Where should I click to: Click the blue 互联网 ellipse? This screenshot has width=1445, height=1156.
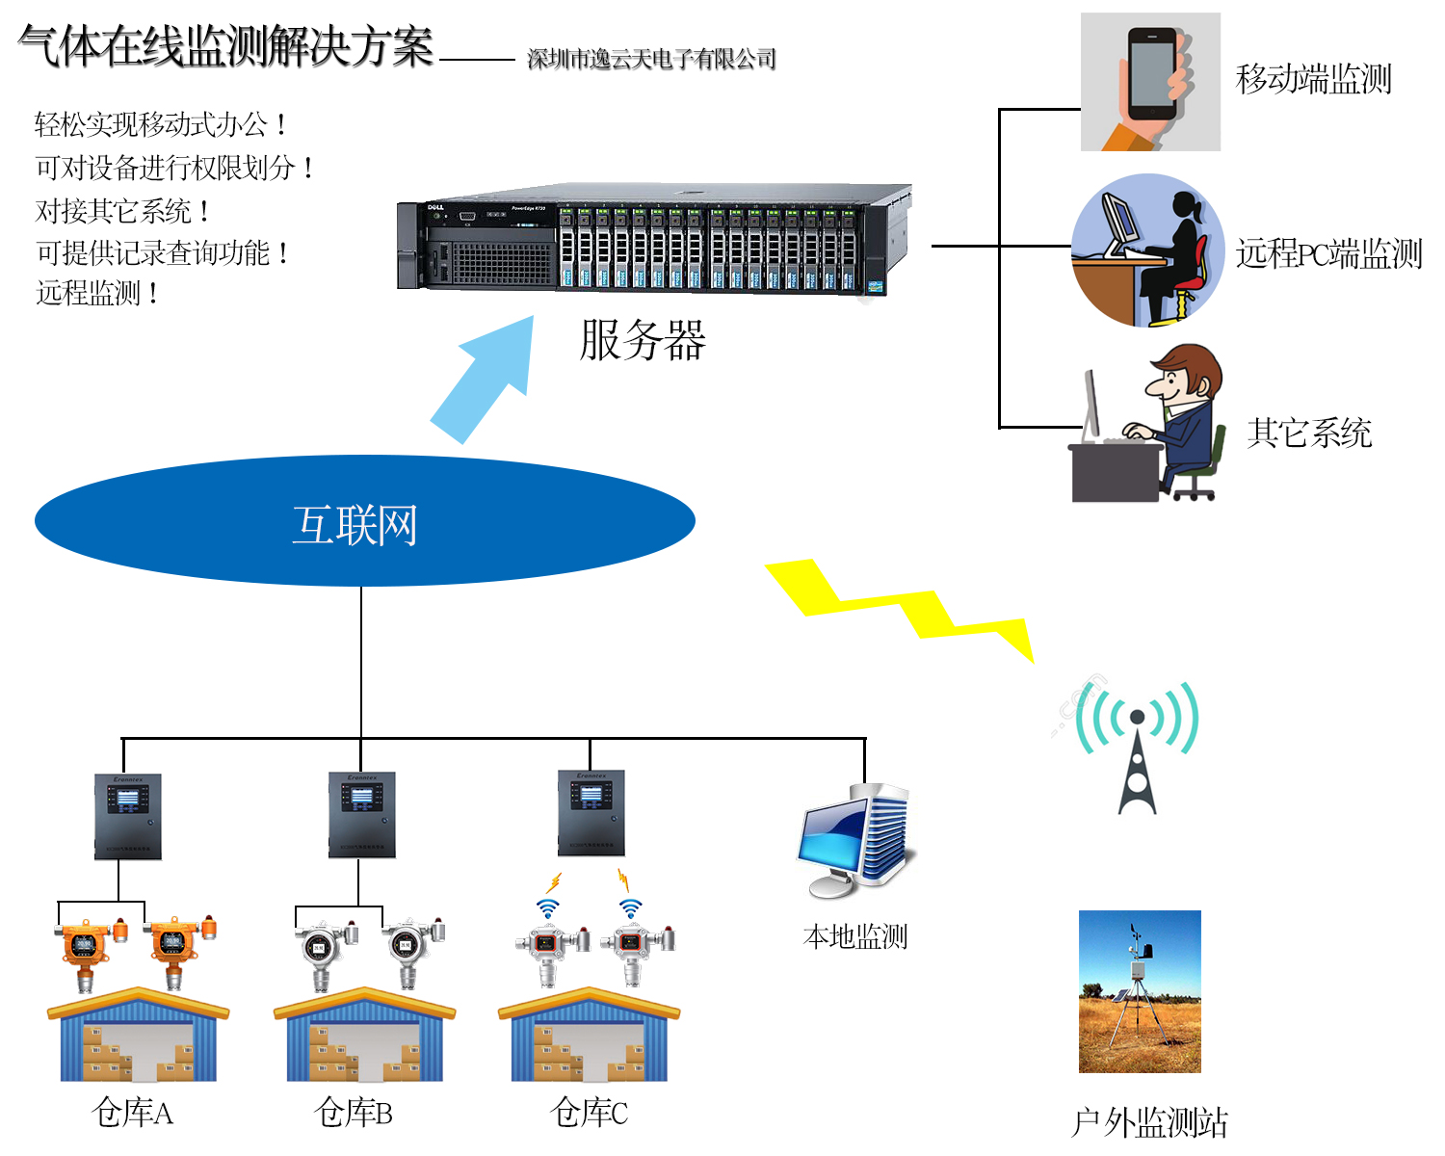click(364, 521)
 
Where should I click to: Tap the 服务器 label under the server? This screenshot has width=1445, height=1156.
click(643, 340)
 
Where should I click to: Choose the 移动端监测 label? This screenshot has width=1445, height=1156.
click(1314, 79)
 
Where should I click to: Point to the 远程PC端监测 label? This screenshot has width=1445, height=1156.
click(1328, 253)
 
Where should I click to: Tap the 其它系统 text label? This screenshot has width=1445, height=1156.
click(1309, 433)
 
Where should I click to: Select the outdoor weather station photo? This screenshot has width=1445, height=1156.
click(1140, 991)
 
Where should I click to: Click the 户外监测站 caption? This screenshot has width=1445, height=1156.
click(1149, 1122)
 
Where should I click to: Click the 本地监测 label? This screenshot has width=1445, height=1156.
click(855, 936)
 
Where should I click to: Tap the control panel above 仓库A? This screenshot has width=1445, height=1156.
click(128, 817)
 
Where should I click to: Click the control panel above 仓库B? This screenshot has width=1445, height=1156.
click(361, 815)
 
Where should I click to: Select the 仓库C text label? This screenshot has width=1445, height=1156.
click(590, 1114)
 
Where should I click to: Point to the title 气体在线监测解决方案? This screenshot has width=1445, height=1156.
click(226, 46)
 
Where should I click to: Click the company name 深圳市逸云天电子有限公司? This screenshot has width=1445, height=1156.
click(651, 60)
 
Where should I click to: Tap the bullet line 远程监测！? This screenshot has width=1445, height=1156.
click(97, 293)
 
